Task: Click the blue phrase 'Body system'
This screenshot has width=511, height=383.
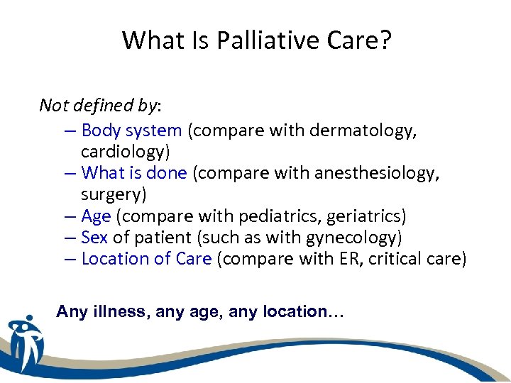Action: [132, 131]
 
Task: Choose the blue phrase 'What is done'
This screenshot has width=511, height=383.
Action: [134, 173]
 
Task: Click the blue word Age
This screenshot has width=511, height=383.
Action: [97, 216]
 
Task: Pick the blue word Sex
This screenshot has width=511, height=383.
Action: [94, 237]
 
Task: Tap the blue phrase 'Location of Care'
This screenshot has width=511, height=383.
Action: [146, 259]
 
